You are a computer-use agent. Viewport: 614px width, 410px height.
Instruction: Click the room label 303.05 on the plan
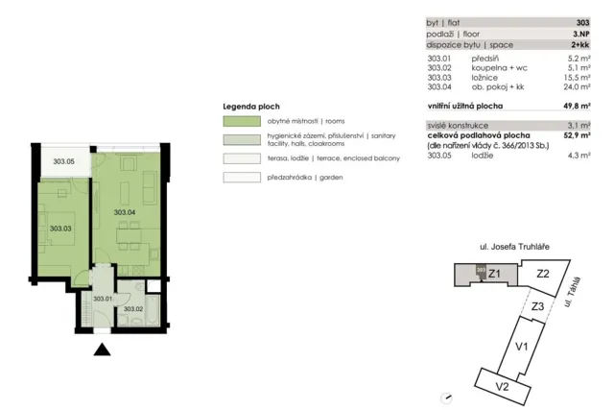pos(64,161)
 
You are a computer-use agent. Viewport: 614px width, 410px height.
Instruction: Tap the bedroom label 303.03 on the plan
pos(60,229)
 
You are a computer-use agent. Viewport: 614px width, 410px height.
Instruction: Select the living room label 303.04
pos(125,212)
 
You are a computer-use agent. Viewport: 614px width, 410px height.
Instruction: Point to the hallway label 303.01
pos(103,299)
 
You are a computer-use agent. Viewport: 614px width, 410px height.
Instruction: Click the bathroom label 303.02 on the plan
pos(133,309)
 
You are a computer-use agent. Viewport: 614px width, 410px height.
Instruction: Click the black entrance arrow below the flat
pos(102,350)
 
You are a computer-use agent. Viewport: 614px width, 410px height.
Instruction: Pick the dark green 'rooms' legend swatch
pos(242,121)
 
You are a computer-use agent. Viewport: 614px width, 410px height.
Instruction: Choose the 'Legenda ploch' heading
pos(251,107)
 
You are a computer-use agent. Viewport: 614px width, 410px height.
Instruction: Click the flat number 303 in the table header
pos(582,23)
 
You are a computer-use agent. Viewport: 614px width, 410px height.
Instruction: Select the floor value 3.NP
pos(581,35)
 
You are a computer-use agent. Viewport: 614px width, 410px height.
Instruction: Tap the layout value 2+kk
pos(579,45)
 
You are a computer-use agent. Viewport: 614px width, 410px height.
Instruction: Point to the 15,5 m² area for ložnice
pos(578,78)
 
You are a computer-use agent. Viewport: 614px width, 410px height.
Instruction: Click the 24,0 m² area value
pos(578,87)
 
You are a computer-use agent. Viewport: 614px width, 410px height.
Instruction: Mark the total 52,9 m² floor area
pos(577,135)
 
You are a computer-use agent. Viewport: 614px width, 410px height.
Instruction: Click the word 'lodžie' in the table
pos(483,156)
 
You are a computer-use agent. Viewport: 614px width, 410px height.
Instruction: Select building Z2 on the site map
pos(543,274)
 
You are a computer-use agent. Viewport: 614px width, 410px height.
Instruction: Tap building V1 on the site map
pos(522,347)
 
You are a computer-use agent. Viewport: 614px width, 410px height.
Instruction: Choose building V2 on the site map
pos(503,387)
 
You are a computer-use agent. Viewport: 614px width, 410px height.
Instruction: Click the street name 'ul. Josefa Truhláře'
pos(514,247)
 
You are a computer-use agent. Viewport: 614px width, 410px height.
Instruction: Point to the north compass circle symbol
pos(446,398)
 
